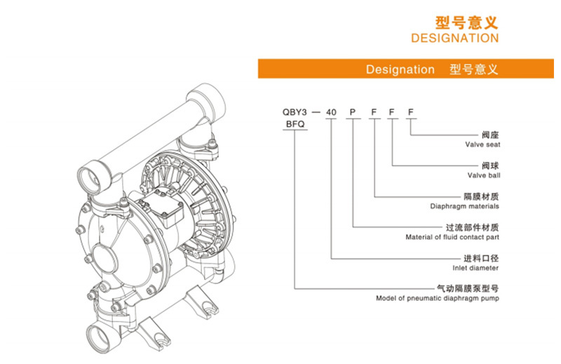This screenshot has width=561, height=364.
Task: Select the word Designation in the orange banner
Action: pyautogui.click(x=400, y=69)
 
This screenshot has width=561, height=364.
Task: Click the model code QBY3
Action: pyautogui.click(x=295, y=112)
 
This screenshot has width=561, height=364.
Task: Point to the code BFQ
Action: pyautogui.click(x=295, y=123)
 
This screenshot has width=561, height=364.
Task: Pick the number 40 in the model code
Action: pyautogui.click(x=332, y=112)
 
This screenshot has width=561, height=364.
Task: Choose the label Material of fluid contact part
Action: pyautogui.click(x=452, y=237)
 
